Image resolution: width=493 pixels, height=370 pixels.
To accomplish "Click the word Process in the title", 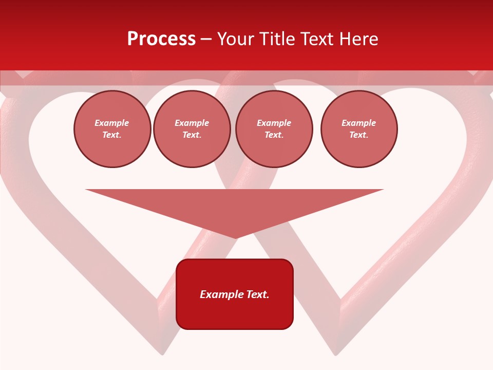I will click(x=161, y=39).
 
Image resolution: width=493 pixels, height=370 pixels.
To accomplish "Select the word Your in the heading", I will click(x=238, y=39).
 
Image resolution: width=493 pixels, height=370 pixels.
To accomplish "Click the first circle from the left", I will click(x=112, y=129).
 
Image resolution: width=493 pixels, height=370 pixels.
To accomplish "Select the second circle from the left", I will click(x=192, y=129).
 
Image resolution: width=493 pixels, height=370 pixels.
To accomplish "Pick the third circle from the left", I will click(x=274, y=129).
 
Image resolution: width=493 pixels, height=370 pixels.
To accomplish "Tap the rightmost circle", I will click(x=358, y=129).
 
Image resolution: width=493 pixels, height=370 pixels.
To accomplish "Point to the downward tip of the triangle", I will click(x=236, y=238).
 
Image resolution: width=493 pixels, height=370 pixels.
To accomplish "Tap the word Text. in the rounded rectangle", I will click(x=258, y=294).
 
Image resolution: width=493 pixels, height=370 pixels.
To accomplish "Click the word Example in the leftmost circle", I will click(x=112, y=123).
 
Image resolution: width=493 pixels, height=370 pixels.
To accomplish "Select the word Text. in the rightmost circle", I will click(x=358, y=135).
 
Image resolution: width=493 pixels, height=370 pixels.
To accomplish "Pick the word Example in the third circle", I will click(x=274, y=123).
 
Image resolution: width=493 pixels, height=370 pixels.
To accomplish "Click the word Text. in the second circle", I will click(x=192, y=135).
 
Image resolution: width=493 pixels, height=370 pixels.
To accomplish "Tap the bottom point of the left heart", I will click(x=162, y=354).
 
